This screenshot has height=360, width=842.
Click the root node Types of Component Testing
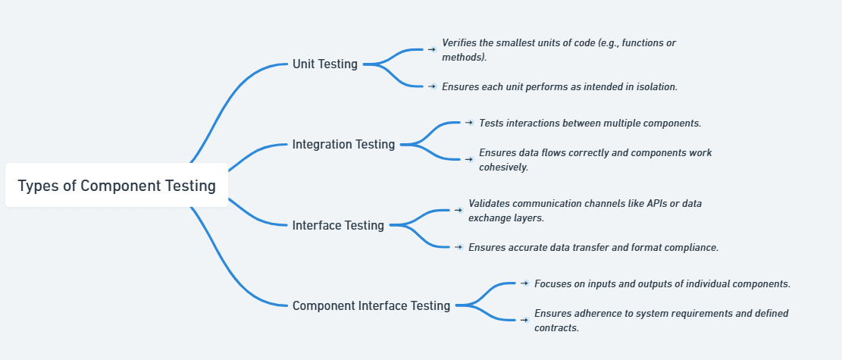tap(117, 186)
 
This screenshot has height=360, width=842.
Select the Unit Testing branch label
tap(324, 64)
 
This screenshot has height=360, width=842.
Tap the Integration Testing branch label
tap(343, 144)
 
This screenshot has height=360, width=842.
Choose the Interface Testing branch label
tap(338, 225)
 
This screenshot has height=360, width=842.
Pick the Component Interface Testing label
tap(371, 305)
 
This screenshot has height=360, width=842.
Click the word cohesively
tap(503, 167)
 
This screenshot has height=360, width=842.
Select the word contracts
tap(556, 328)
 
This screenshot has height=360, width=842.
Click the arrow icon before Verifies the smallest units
tap(431, 49)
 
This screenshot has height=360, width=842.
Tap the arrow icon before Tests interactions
tap(469, 122)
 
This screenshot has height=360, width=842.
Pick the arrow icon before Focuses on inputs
tap(524, 283)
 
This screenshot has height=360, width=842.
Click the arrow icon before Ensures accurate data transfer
tap(459, 246)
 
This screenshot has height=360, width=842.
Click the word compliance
tap(692, 247)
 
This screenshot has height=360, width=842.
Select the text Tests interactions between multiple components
tap(590, 123)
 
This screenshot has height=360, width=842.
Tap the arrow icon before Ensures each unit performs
tap(431, 86)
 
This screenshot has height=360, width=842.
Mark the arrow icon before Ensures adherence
tap(524, 320)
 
